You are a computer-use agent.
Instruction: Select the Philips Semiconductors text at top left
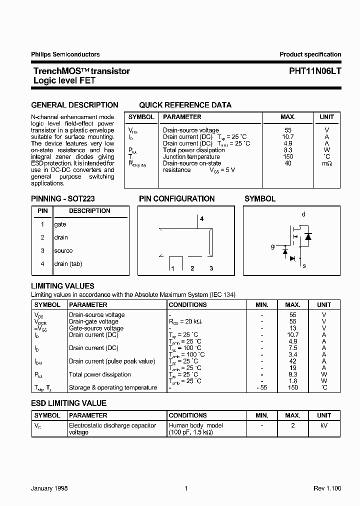(65, 54)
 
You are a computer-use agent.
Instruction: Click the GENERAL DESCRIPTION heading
(75, 105)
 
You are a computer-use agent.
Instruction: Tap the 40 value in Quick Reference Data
(287, 163)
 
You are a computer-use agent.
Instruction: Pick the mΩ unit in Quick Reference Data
(326, 163)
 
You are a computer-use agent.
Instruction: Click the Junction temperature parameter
(191, 156)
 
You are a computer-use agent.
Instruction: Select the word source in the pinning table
(63, 250)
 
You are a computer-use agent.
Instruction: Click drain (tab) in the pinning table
(68, 263)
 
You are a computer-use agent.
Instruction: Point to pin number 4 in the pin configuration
(202, 219)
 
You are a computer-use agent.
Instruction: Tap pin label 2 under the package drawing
(192, 268)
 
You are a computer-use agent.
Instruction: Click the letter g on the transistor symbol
(273, 246)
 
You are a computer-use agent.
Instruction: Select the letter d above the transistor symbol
(303, 214)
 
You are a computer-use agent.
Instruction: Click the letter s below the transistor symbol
(304, 266)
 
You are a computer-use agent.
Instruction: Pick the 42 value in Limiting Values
(293, 361)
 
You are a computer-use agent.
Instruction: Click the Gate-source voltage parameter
(96, 328)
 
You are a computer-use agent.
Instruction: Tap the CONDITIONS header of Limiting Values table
(187, 304)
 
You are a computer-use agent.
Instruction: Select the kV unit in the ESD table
(324, 425)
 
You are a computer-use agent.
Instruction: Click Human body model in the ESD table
(196, 425)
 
